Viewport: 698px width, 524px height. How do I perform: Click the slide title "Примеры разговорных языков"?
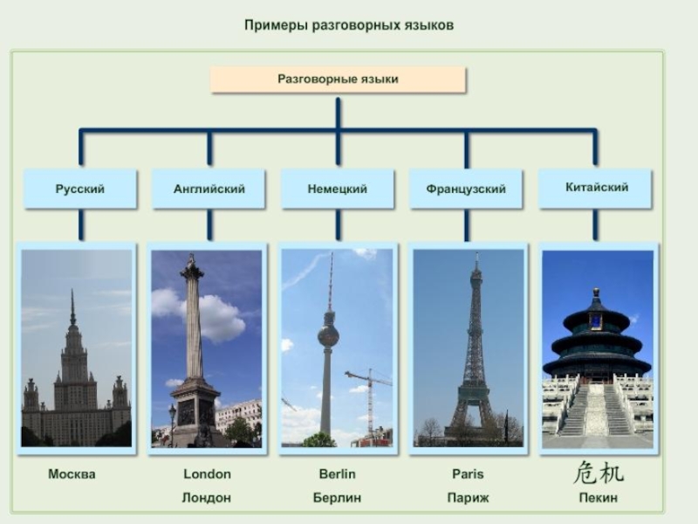349,25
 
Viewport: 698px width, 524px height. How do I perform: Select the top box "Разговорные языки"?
339,79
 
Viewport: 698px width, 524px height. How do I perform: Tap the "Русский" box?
80,189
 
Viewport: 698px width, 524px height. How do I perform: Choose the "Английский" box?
209,189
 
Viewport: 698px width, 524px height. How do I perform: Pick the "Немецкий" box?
338,189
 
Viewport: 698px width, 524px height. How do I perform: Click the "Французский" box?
466,189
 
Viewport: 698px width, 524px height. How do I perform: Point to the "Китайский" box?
596,188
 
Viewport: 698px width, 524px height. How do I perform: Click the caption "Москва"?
72,474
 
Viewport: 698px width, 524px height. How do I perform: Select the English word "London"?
208,474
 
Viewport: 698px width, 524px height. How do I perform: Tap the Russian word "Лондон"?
207,498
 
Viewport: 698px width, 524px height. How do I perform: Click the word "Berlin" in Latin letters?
337,474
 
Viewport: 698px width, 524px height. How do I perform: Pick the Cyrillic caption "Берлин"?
337,498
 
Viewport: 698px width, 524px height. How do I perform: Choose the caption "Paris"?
468,474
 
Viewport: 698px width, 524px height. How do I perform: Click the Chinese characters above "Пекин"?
599,473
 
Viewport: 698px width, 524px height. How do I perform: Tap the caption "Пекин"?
599,498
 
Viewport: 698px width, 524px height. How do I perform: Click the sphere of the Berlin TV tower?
328,335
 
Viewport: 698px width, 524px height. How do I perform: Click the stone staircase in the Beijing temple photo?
597,410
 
